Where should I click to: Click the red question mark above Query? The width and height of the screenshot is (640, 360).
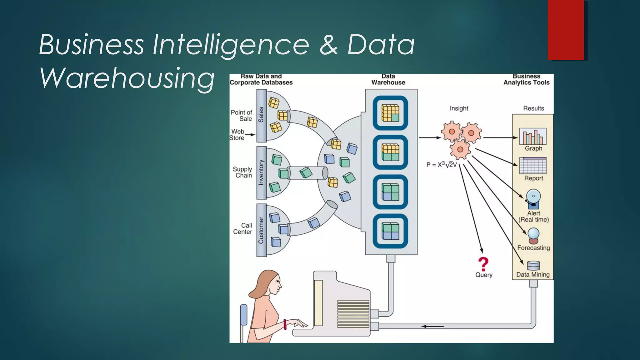coord(483,264)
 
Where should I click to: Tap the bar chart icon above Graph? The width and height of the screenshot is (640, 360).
coord(533,136)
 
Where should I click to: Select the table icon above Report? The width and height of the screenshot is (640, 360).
coord(533,166)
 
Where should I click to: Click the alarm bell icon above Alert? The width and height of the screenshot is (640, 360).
coord(533,199)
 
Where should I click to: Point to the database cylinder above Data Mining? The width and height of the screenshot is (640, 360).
coord(533,266)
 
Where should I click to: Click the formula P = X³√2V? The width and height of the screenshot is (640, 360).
coord(441,165)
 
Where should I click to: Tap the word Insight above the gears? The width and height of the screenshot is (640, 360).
coord(459,108)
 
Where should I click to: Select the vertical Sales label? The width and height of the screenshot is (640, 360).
coord(261,115)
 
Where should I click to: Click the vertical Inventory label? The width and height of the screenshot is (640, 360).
coord(261,172)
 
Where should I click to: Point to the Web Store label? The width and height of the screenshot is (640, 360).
coord(237,135)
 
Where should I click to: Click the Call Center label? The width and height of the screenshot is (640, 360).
coord(242,228)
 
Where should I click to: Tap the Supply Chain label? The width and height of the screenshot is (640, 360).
coord(242,172)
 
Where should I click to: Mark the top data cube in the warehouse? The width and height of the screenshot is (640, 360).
coord(390,113)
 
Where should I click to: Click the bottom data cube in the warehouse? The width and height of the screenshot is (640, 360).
coord(390,231)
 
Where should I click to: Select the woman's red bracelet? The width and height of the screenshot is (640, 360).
coord(285,324)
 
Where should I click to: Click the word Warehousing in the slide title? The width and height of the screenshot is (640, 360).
coord(127,77)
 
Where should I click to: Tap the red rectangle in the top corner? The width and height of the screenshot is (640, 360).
coord(566,30)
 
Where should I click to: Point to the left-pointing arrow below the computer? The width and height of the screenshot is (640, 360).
coord(432,326)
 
